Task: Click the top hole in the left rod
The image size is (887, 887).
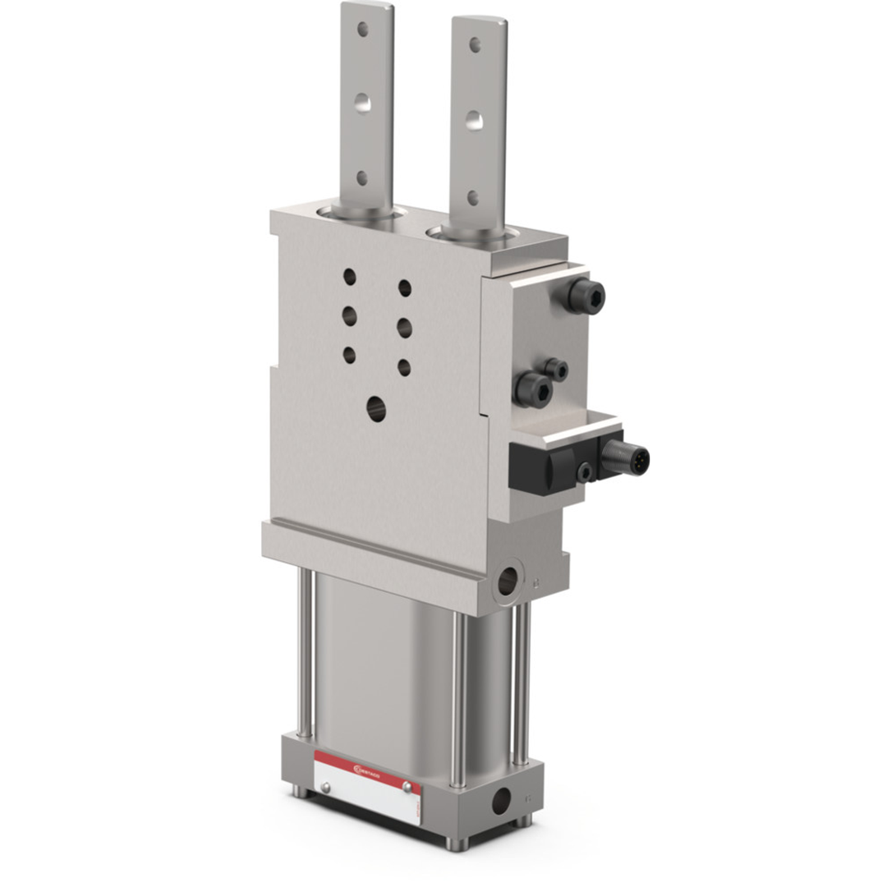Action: [362, 30]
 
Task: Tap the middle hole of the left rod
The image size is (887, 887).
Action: [362, 103]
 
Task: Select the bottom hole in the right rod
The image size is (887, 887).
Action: [473, 197]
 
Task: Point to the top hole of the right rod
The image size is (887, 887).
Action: [475, 44]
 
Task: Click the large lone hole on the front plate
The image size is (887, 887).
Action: [376, 407]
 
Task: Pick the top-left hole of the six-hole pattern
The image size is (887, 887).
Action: [350, 276]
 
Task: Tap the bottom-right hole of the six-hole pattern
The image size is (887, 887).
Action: [404, 366]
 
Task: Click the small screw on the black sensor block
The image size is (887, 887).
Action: [585, 472]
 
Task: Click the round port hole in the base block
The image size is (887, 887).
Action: [499, 797]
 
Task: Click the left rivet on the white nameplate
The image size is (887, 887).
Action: [326, 788]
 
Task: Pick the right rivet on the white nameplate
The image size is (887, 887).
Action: [406, 787]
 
